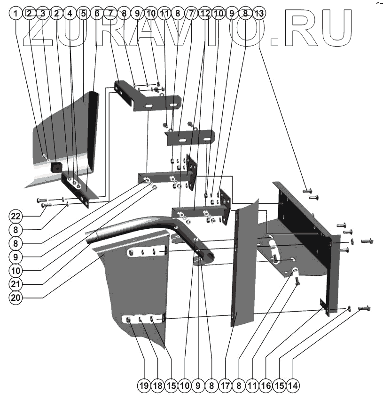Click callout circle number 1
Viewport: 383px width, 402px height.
click(16, 14)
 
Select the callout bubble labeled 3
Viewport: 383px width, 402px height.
click(42, 14)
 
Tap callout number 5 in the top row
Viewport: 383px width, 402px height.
click(83, 14)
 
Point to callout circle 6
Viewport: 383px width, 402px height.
click(97, 14)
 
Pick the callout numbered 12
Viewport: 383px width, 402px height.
click(204, 14)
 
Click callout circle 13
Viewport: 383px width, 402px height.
click(258, 14)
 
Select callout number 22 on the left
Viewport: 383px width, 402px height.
click(17, 216)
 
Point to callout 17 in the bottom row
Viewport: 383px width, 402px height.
click(225, 386)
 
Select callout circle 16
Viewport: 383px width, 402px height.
click(266, 386)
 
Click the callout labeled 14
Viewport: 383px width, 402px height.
click(293, 386)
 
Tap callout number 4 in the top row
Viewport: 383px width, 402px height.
click(70, 14)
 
